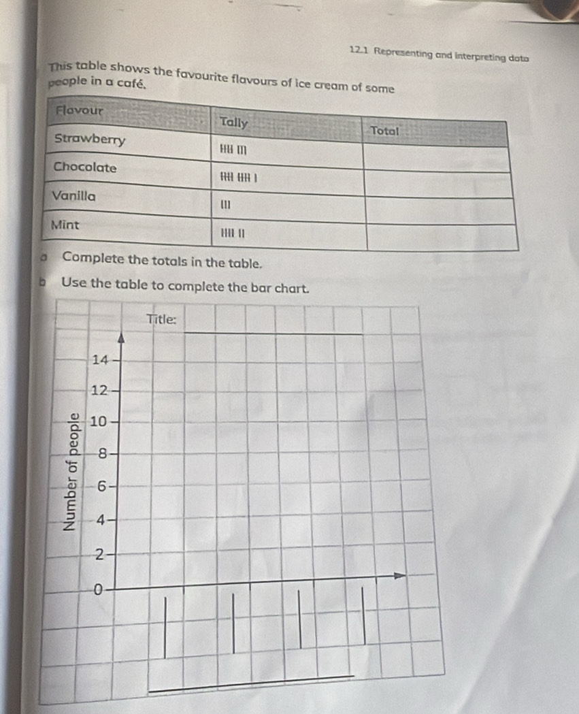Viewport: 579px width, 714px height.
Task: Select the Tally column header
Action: click(233, 123)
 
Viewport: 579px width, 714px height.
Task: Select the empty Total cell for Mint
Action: click(443, 236)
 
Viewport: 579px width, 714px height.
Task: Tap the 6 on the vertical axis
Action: click(102, 486)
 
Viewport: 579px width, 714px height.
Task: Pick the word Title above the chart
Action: click(162, 319)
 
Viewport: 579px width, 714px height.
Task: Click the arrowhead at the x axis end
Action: click(401, 577)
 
